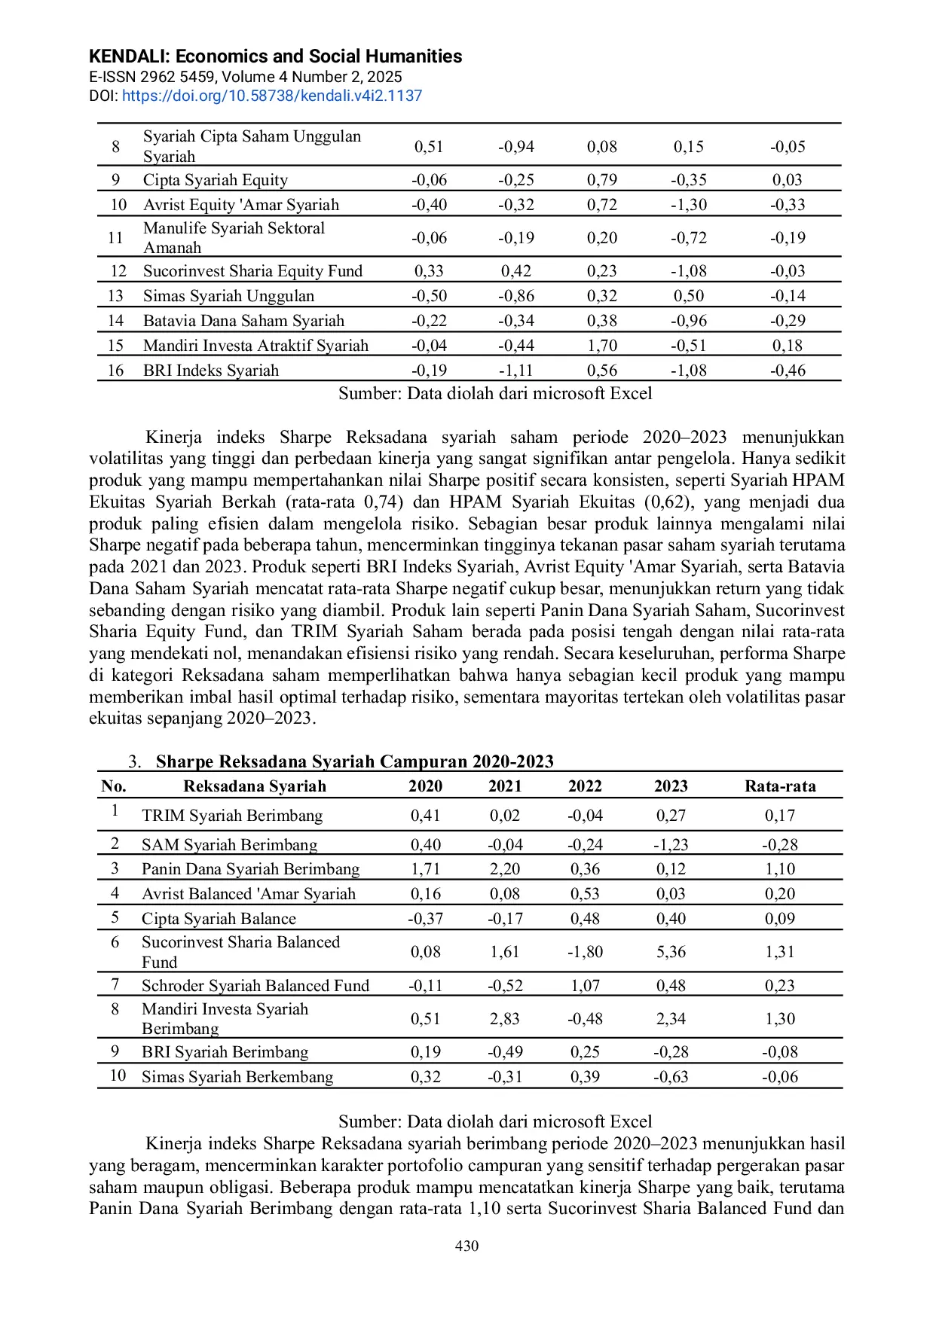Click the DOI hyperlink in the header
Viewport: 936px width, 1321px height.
click(272, 96)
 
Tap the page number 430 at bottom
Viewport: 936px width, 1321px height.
click(466, 1246)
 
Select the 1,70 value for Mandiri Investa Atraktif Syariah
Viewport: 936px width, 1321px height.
click(601, 346)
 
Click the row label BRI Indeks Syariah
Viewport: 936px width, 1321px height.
click(210, 371)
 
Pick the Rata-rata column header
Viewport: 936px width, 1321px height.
click(780, 786)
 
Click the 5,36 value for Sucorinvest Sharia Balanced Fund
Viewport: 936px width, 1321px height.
click(670, 952)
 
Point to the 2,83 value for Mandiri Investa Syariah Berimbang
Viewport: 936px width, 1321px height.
click(504, 1019)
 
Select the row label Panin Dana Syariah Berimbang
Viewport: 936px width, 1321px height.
click(250, 869)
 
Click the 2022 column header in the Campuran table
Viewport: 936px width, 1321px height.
click(585, 786)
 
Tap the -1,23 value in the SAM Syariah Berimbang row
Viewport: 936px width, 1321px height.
click(670, 845)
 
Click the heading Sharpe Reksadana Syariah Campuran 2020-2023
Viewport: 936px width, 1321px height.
click(354, 761)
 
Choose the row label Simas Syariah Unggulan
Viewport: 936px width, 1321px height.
click(228, 296)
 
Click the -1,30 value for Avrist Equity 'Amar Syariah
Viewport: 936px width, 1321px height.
click(688, 205)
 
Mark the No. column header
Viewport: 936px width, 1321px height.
click(114, 786)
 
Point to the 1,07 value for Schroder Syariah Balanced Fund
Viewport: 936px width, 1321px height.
click(585, 986)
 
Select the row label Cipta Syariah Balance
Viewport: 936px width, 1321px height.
click(219, 919)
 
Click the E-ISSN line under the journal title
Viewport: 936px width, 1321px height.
click(245, 77)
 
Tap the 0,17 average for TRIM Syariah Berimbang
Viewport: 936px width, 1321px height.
click(779, 816)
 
